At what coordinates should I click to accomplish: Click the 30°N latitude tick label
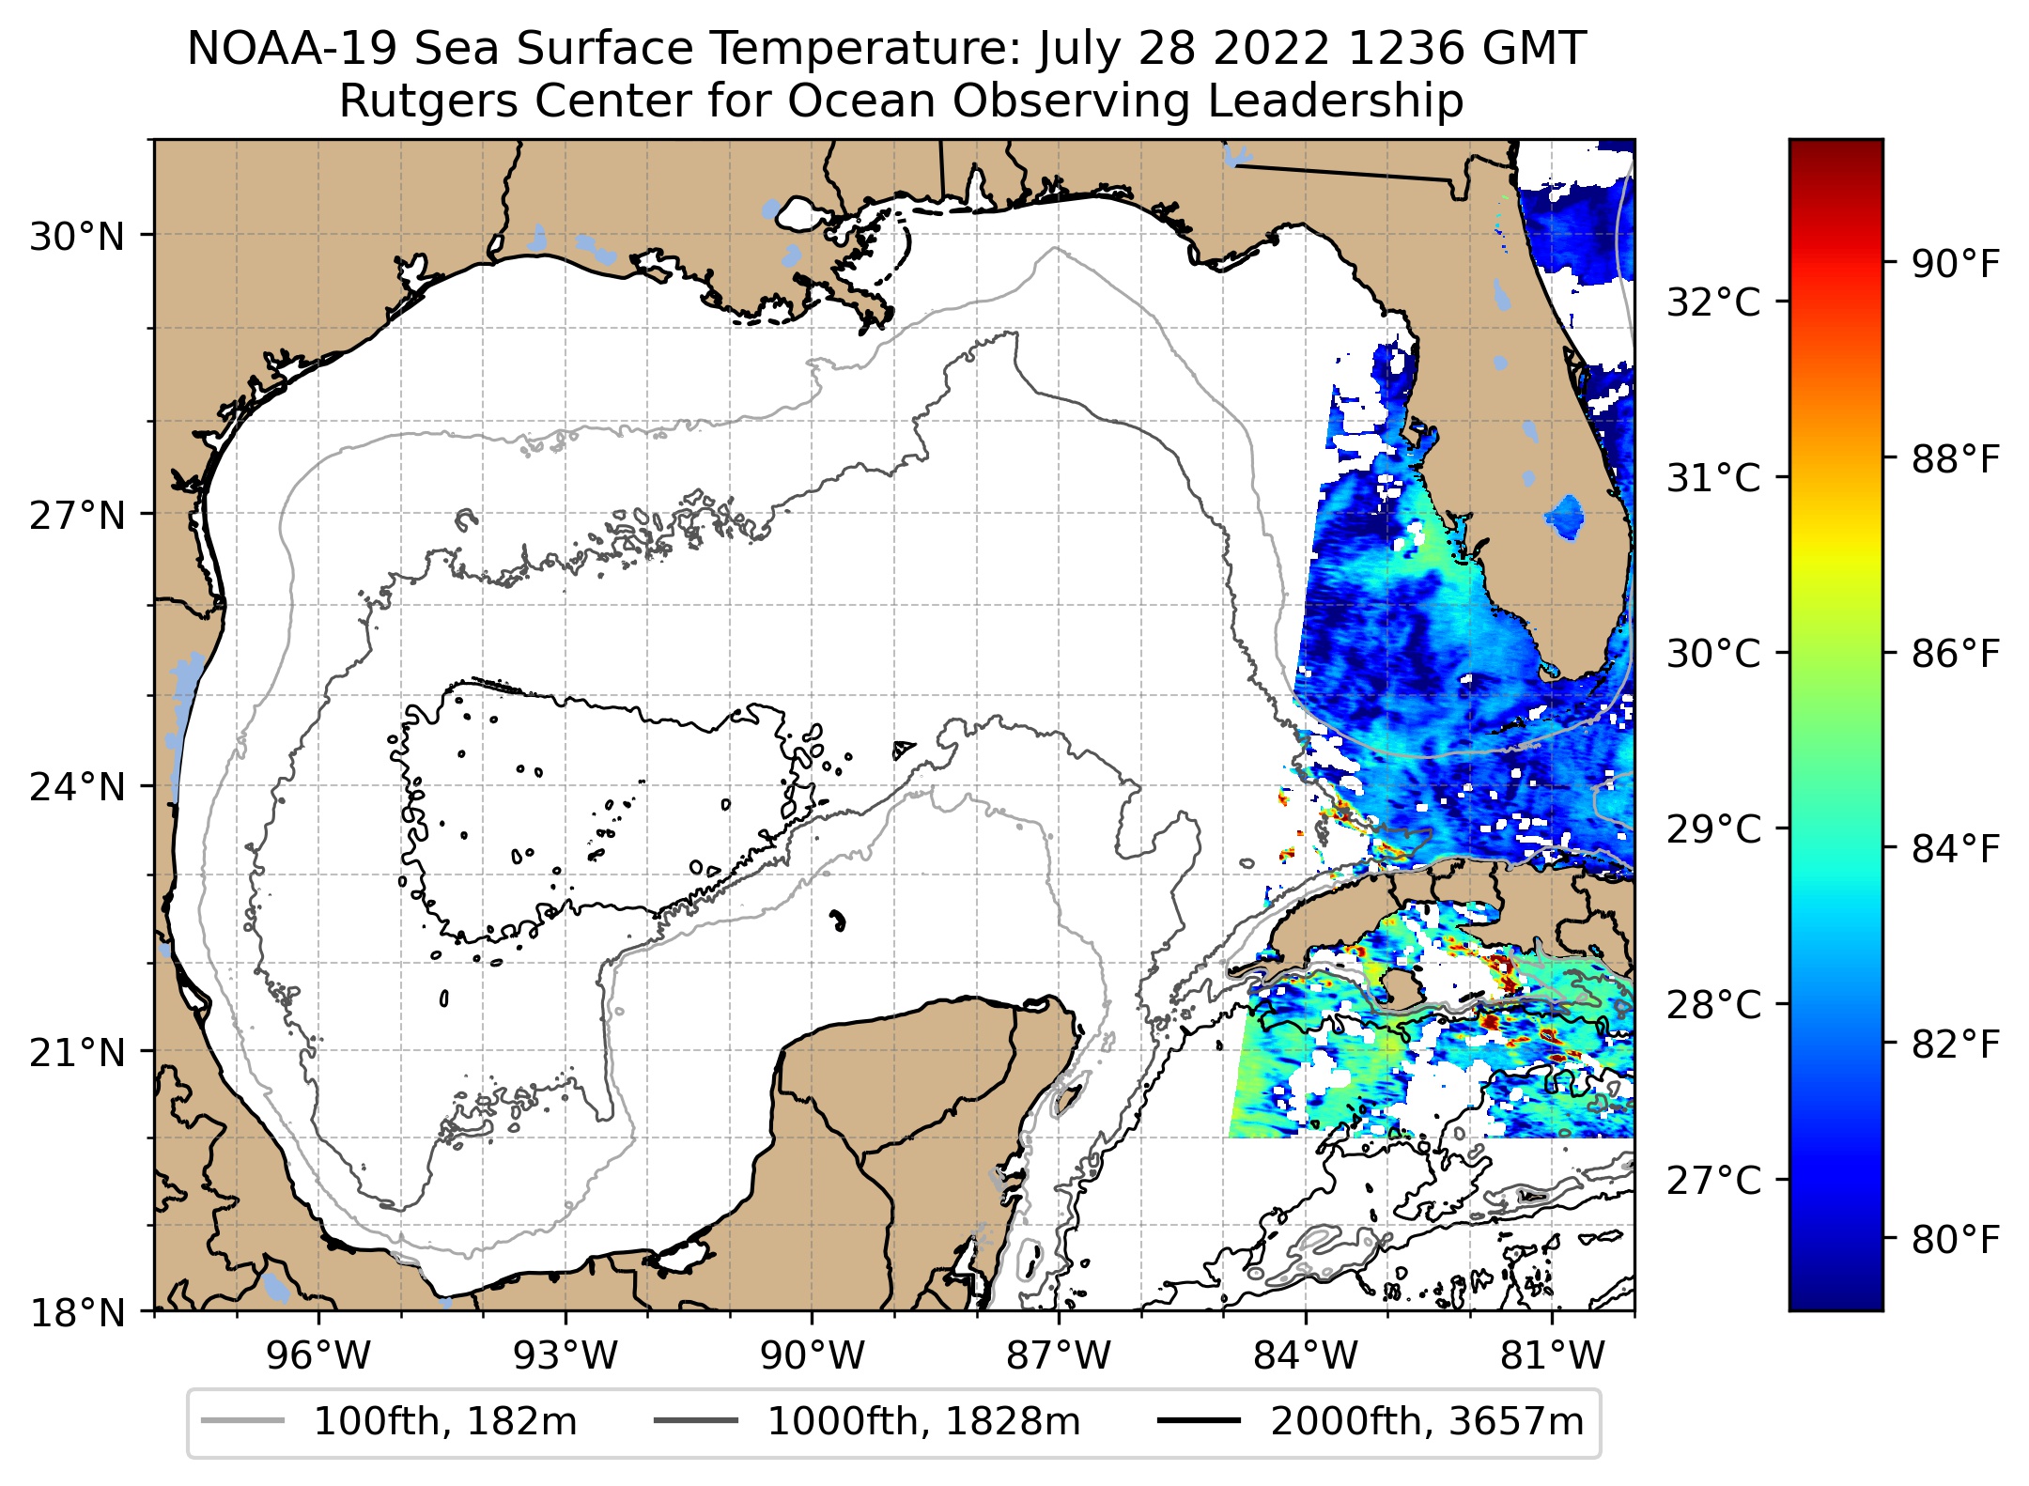77,238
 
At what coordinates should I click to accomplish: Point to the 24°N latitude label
77,787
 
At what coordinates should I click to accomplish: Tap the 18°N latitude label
77,1313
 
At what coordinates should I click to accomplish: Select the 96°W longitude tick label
318,1356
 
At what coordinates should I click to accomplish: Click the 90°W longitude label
813,1356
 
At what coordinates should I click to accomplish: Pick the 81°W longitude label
1553,1356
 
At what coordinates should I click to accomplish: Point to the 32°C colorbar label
1713,303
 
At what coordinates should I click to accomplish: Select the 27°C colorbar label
1713,1181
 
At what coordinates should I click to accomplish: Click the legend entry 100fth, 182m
444,1422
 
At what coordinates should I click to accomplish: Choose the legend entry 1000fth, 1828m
923,1422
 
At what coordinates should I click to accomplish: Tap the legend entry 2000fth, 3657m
1426,1422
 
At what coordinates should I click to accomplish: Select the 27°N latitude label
77,517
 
